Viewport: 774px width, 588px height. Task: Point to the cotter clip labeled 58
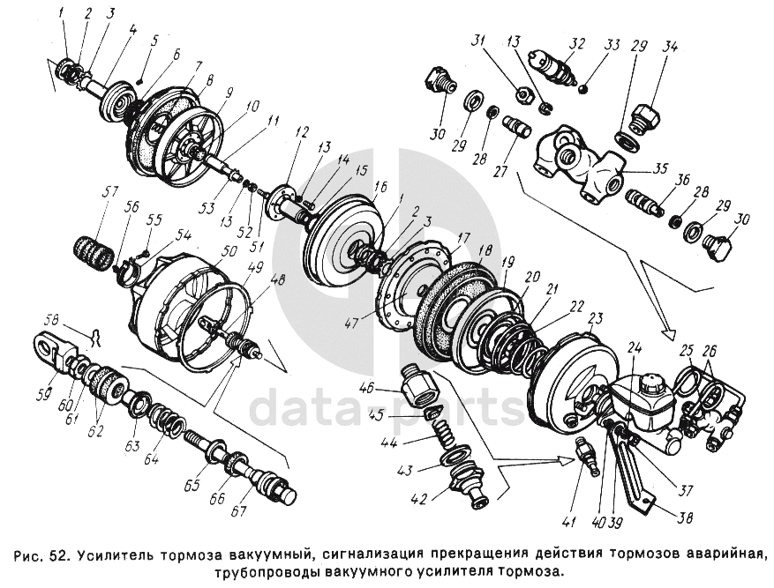tap(94, 338)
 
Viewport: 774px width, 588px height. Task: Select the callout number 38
tap(684, 518)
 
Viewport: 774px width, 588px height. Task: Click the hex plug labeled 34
tap(645, 119)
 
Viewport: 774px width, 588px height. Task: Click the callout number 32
tap(576, 43)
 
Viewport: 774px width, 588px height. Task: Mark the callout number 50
tap(229, 251)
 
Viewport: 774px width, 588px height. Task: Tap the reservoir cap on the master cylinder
tap(650, 382)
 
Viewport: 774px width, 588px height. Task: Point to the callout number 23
tap(596, 318)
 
